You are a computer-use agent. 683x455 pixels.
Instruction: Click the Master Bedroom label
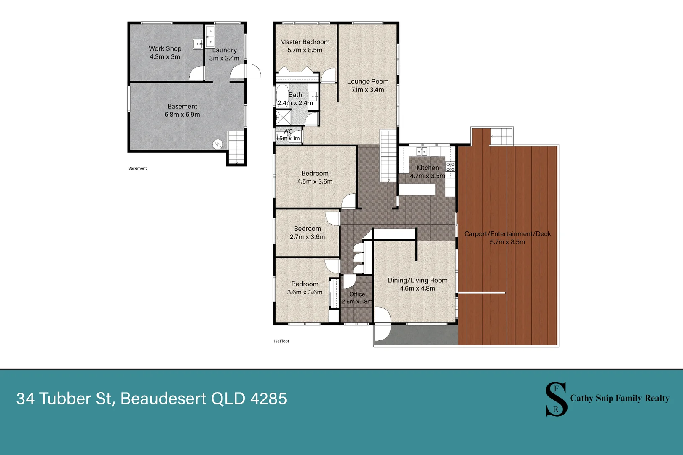305,42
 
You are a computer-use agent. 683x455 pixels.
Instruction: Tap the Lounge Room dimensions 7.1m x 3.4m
368,90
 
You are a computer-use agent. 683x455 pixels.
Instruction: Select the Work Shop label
165,48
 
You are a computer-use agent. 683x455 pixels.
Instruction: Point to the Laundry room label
225,50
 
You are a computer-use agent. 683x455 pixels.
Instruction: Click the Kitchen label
428,168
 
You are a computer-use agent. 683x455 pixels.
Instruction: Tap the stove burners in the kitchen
450,166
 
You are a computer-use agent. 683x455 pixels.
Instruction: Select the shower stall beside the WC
282,118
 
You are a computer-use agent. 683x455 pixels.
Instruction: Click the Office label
357,294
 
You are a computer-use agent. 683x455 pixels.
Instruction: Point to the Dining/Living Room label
418,280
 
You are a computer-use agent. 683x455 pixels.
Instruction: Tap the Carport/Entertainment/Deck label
507,234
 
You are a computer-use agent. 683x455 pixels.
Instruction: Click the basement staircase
237,147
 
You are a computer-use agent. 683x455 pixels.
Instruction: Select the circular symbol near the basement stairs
218,145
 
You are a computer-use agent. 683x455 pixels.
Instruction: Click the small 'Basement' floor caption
137,169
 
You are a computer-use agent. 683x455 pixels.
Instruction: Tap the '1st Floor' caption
281,341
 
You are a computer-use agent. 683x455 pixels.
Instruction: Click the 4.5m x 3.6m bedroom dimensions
315,182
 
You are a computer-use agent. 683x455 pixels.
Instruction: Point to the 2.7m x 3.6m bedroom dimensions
307,237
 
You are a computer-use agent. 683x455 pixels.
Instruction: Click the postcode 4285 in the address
269,399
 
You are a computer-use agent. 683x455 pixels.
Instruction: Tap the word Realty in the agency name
657,398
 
